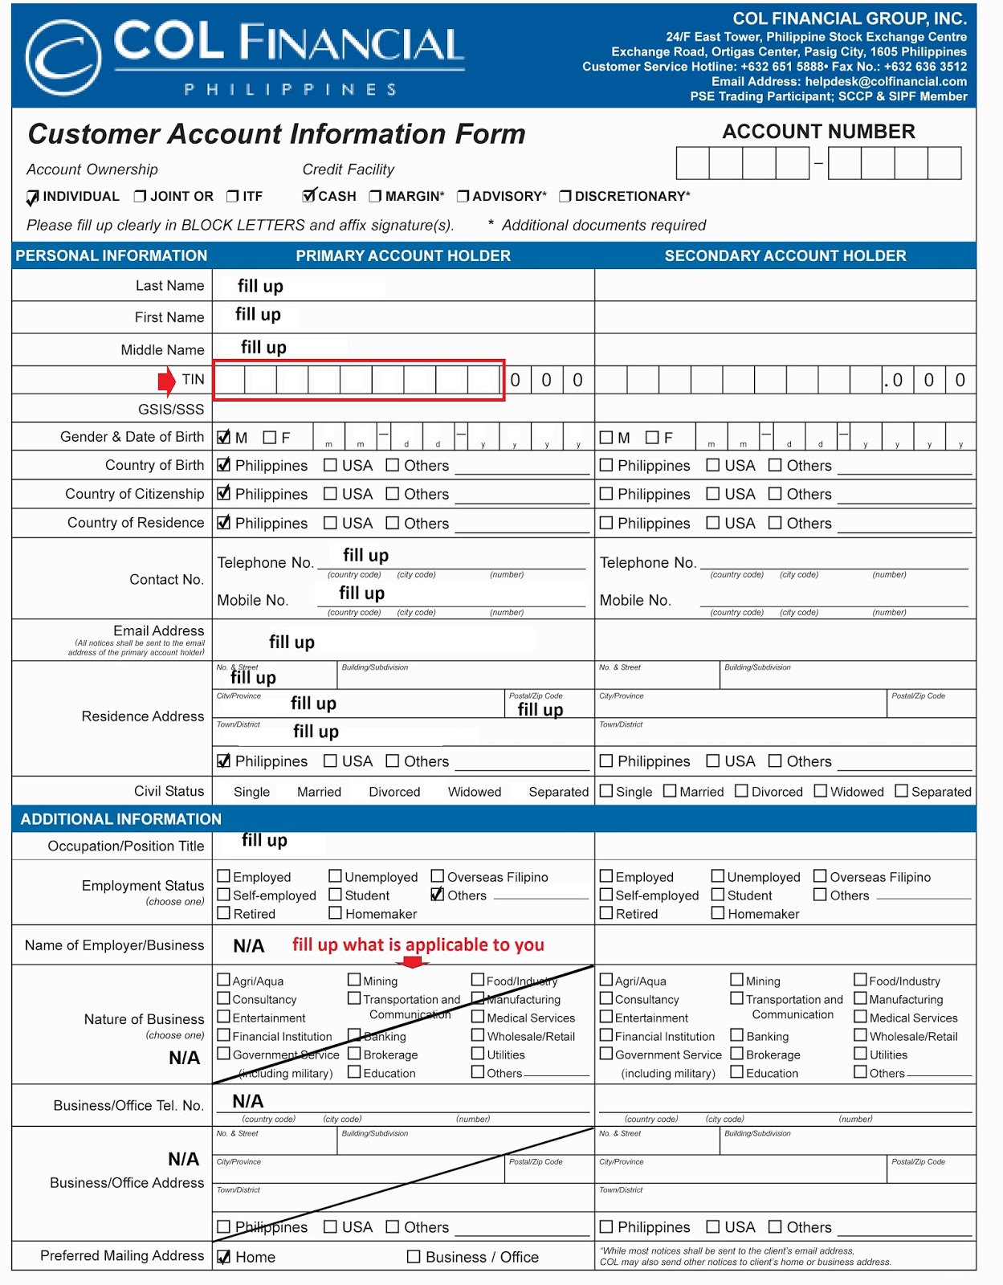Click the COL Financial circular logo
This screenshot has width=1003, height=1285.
[x=63, y=58]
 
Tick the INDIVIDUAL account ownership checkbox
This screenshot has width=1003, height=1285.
[x=33, y=197]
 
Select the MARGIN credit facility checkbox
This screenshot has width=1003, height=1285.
[x=375, y=196]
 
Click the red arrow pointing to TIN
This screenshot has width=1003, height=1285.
[x=166, y=381]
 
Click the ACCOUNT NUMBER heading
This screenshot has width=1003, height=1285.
[x=817, y=132]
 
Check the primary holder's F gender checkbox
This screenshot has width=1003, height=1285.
[x=270, y=438]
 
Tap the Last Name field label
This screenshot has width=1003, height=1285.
[x=169, y=286]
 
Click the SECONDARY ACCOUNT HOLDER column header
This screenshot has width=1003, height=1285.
[x=785, y=255]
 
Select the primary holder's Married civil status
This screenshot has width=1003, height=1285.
[x=319, y=792]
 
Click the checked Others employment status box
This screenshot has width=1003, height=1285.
[x=438, y=895]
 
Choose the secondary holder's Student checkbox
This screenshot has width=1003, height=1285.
[x=718, y=895]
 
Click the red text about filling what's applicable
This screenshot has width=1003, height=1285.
[x=418, y=944]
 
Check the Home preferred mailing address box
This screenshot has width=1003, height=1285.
[x=224, y=1257]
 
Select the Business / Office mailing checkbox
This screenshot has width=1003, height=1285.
[x=414, y=1257]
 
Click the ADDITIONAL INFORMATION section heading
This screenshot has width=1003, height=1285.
[x=120, y=819]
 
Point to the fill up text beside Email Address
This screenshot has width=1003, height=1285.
[x=292, y=642]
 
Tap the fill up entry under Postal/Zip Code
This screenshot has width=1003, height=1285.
[x=540, y=709]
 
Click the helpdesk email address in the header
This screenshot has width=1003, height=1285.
[x=886, y=81]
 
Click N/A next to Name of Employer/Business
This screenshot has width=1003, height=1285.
[x=248, y=946]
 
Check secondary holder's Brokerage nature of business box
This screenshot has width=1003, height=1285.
[x=736, y=1054]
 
